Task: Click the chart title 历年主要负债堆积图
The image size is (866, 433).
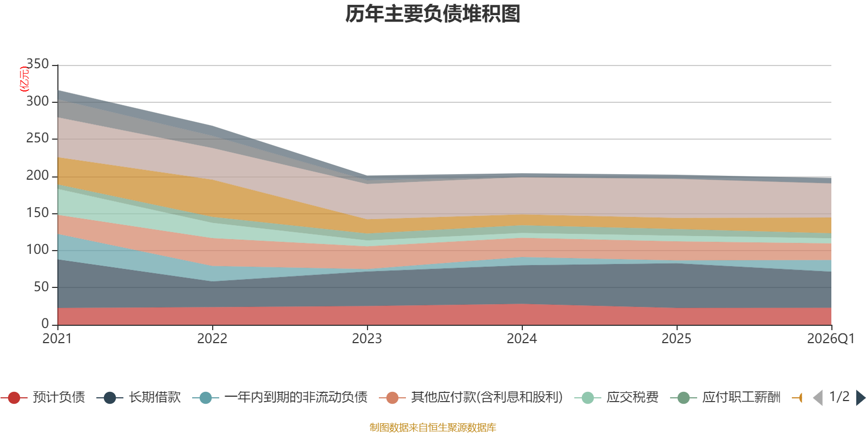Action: [433, 14]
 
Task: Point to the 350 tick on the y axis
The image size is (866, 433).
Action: [37, 64]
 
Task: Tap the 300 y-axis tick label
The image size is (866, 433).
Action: [37, 102]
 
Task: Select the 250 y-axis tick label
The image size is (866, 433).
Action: [37, 139]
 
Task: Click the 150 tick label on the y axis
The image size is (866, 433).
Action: [37, 213]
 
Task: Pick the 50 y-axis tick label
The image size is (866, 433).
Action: [41, 287]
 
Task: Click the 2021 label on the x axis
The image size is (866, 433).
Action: [57, 339]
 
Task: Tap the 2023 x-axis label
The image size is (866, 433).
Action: [367, 339]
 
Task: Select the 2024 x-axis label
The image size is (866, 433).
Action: [522, 339]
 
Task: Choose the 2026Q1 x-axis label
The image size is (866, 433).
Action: [830, 339]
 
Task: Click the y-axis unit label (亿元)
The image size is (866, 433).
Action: [24, 79]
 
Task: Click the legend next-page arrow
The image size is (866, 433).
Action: [860, 398]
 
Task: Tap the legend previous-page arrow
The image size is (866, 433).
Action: [818, 398]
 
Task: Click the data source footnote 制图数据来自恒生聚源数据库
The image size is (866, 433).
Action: [433, 428]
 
